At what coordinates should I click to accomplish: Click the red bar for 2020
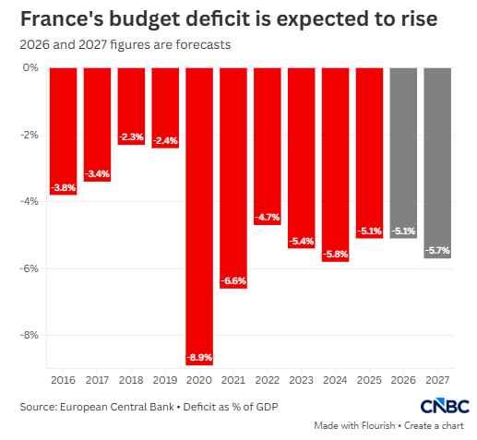point(199,216)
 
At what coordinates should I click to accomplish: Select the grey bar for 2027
point(437,163)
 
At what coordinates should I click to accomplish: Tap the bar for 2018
point(131,106)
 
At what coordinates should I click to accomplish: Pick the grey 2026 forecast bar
point(403,153)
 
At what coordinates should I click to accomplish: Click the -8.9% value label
point(199,358)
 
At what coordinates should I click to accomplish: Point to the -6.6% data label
point(233,280)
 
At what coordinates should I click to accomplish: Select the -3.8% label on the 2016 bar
point(64,187)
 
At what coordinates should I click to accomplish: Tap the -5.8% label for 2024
point(336,255)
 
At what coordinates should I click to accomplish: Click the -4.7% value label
point(268,218)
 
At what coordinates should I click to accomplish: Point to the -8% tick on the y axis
point(30,335)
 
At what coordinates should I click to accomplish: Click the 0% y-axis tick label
point(30,67)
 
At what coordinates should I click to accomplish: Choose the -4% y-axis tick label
point(30,201)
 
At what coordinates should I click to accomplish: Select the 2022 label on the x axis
point(268,380)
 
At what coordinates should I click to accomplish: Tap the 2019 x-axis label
point(165,380)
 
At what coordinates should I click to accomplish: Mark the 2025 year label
point(369,380)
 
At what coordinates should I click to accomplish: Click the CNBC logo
point(445,406)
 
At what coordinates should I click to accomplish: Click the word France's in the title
point(61,18)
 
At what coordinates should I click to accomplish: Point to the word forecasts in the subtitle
point(203,45)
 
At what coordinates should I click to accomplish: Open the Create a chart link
point(434,426)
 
